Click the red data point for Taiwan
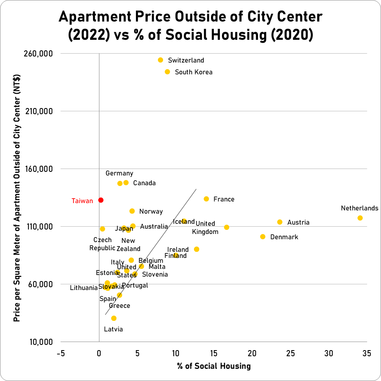101,200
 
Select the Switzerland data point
160,60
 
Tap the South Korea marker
167,72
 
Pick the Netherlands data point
360,218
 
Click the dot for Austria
280,222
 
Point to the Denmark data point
263,236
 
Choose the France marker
206,199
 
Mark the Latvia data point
114,318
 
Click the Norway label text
151,212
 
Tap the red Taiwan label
82,201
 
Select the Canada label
144,183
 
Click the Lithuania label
84,288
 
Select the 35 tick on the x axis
367,353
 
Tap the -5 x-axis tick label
60,353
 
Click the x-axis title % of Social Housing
214,366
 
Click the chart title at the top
191,25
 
